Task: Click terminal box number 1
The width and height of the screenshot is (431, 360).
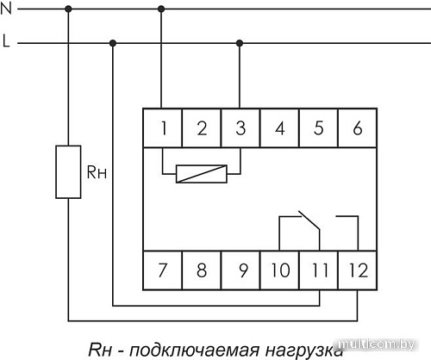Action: pos(162,129)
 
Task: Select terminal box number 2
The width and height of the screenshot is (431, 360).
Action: pos(201,129)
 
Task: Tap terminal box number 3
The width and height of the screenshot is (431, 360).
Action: pos(240,129)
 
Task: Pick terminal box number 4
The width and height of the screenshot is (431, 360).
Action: pos(279,129)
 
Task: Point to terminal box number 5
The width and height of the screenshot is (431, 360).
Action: pos(318,129)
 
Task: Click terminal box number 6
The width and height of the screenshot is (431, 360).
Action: pos(356,129)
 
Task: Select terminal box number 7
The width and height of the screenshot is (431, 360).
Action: pos(162,270)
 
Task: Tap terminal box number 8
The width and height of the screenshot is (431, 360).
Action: pos(201,270)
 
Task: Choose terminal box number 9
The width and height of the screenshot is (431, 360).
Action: pos(240,270)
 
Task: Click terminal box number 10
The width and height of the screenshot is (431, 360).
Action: pos(279,270)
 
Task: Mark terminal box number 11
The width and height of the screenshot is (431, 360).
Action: pos(318,270)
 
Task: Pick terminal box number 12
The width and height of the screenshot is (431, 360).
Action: pos(356,270)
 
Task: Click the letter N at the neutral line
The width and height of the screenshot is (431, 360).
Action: pos(7,9)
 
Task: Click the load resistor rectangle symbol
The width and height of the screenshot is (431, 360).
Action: pos(68,172)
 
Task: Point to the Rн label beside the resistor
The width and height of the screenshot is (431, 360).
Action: pos(96,171)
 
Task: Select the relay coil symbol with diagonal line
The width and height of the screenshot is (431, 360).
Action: pos(202,173)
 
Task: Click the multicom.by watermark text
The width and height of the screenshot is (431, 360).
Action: pos(391,344)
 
